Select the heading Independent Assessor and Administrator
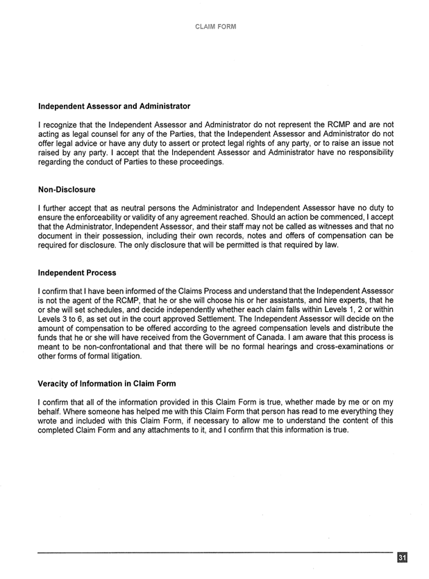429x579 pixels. point(114,106)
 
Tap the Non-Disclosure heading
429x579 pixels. point(67,189)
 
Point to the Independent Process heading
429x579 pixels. point(77,272)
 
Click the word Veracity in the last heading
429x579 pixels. point(55,383)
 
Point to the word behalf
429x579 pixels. point(52,411)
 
